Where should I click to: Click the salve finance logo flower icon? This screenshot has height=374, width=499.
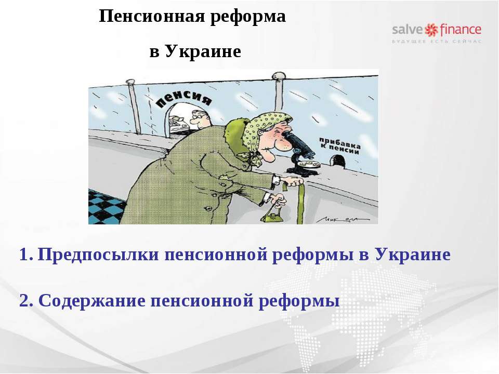pyautogui.click(x=432, y=29)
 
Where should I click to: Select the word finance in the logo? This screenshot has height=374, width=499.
pyautogui.click(x=461, y=29)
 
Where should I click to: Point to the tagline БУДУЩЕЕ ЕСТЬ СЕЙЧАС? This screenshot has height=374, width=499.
pyautogui.click(x=437, y=41)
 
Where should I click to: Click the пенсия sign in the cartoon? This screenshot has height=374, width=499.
pyautogui.click(x=184, y=99)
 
